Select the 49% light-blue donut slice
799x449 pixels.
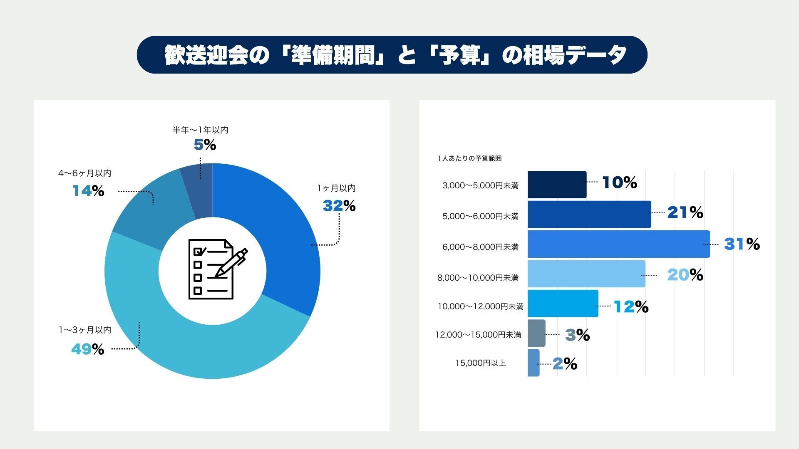(x=187, y=337)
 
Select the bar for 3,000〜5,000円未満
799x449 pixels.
(x=557, y=185)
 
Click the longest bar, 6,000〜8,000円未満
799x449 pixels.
(x=618, y=244)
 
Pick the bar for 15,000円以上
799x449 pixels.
(x=533, y=363)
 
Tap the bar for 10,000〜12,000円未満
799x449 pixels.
(x=563, y=303)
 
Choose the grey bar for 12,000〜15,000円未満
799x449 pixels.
(x=536, y=333)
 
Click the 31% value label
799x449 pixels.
(x=742, y=244)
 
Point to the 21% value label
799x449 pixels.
(x=685, y=213)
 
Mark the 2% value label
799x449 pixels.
(x=565, y=364)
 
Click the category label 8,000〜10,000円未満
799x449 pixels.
(x=478, y=278)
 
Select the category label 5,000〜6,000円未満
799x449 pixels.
(x=480, y=216)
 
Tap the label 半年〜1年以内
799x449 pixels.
(x=200, y=130)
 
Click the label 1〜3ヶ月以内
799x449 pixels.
(x=85, y=330)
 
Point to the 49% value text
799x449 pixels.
(x=87, y=349)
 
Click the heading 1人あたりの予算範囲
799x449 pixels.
(x=469, y=158)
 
